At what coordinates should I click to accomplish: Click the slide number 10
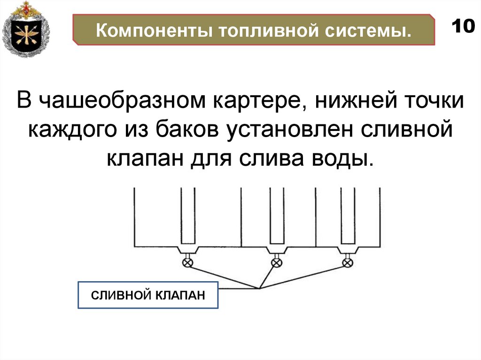point(463,26)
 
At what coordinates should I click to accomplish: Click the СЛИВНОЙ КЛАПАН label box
point(148,295)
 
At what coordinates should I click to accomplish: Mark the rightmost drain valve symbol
point(348,262)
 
